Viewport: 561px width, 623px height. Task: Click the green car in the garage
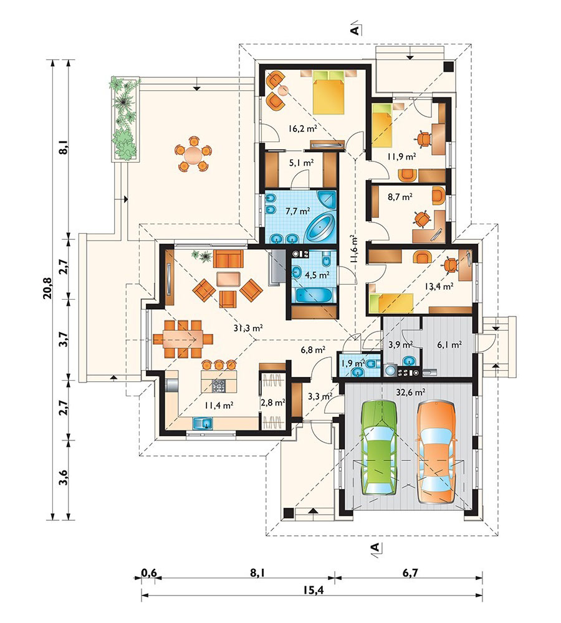379,447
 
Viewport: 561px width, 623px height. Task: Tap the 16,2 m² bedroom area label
303,128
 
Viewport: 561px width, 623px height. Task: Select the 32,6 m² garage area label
411,392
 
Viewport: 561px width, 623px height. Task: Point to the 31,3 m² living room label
249,328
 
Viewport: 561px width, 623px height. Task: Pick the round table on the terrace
193,154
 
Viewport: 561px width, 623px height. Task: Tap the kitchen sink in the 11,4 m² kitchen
203,423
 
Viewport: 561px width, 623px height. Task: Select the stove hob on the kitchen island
219,386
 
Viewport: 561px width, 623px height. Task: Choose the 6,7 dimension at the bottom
410,573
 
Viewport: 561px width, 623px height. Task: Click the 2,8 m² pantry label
273,402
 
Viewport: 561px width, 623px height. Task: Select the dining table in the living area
183,340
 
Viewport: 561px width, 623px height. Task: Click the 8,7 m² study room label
400,196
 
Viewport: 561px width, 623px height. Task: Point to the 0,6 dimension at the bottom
149,573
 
